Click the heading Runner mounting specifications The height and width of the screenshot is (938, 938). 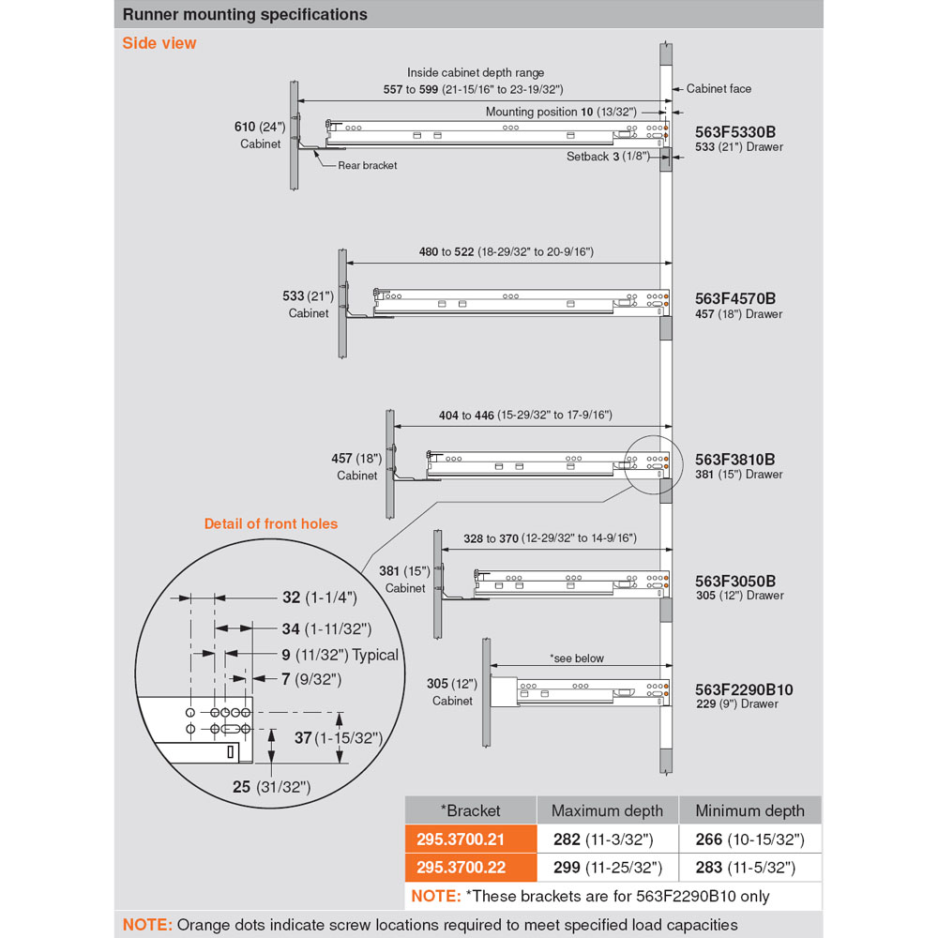click(x=245, y=15)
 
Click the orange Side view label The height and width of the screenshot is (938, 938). click(x=159, y=43)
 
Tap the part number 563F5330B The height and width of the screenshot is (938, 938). click(x=735, y=133)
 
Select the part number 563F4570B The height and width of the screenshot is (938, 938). click(x=735, y=299)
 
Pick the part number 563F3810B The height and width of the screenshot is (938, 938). click(x=735, y=460)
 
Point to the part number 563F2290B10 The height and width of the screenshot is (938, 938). click(x=744, y=689)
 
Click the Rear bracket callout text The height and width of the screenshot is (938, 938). click(x=367, y=165)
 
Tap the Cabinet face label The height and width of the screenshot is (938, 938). click(x=719, y=88)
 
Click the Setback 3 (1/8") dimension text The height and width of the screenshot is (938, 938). click(x=607, y=157)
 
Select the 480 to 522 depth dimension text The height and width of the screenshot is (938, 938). click(x=506, y=252)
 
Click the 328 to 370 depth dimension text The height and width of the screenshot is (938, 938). click(x=550, y=538)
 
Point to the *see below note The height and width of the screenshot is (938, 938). click(x=577, y=658)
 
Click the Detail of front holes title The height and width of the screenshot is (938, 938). click(x=271, y=523)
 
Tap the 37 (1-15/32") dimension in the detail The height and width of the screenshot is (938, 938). click(x=338, y=738)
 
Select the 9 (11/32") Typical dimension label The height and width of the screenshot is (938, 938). click(x=326, y=655)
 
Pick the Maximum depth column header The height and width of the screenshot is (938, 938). click(x=607, y=810)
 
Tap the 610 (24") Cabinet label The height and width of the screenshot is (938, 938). click(x=260, y=135)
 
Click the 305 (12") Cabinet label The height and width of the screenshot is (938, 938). click(x=452, y=692)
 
